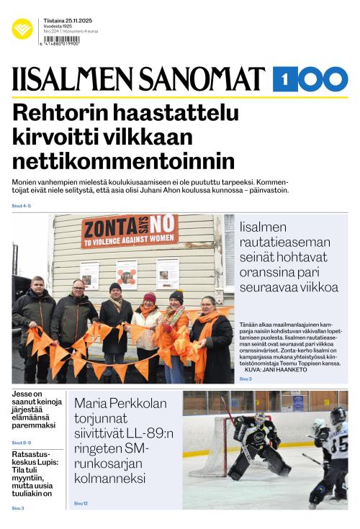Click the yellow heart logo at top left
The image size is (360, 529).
pyautogui.click(x=22, y=28)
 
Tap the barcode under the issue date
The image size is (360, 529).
pyautogui.click(x=60, y=41)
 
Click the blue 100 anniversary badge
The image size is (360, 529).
pyautogui.click(x=310, y=78)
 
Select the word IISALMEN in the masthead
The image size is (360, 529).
pyautogui.click(x=70, y=79)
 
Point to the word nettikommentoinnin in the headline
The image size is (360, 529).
pyautogui.click(x=124, y=159)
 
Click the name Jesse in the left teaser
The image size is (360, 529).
pyautogui.click(x=24, y=394)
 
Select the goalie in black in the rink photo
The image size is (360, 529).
pyautogui.click(x=253, y=446)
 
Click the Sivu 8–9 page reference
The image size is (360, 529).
pyautogui.click(x=21, y=442)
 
